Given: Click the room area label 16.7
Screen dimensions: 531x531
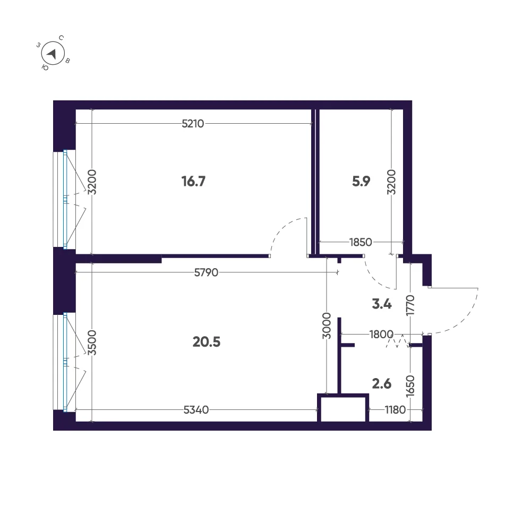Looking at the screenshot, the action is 193,181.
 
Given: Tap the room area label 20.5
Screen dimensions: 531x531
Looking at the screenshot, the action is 206,342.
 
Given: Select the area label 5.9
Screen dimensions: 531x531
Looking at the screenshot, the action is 361,181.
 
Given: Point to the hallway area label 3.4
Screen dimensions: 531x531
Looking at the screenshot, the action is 382,304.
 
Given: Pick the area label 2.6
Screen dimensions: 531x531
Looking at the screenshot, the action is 382,384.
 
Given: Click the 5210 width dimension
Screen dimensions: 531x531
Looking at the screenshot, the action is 193,124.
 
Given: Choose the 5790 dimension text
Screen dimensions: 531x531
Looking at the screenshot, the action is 206,272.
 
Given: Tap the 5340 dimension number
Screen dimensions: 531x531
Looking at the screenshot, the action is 196,410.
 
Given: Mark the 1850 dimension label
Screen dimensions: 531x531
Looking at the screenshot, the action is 361,242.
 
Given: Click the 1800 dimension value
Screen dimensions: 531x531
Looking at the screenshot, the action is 381,334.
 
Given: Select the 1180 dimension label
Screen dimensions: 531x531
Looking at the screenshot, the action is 395,410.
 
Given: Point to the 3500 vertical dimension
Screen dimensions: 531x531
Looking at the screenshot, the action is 92,342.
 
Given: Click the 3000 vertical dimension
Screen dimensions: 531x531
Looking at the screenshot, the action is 327,326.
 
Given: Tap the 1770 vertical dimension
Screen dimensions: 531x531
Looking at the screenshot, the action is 410,305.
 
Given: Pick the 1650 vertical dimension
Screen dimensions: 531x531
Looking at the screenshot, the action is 410,386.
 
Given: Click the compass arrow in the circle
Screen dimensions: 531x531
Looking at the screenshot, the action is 52,54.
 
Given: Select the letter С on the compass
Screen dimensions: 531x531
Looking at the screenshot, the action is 61,38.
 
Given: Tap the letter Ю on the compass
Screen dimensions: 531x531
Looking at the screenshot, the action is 45,68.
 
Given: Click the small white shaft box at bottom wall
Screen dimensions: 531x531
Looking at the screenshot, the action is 343,409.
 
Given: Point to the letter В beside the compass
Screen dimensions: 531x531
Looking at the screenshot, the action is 67,61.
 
